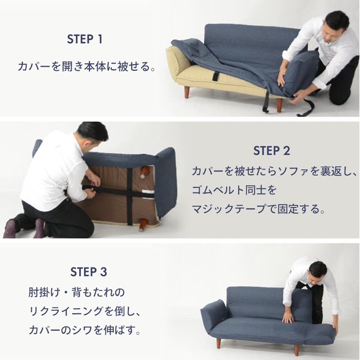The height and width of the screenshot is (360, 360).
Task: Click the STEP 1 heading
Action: (85, 39)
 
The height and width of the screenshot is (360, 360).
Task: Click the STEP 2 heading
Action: (272, 151)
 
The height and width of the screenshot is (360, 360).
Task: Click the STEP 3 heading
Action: (89, 272)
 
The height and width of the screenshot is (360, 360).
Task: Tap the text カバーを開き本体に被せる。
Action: (87, 67)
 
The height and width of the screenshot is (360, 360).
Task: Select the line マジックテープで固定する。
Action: (259, 209)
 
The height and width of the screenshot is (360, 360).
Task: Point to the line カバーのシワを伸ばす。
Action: (85, 330)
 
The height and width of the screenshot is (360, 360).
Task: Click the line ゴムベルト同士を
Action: (234, 190)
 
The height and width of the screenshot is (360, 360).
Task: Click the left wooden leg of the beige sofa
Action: (187, 92)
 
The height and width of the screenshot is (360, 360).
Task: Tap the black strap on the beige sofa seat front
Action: (216, 76)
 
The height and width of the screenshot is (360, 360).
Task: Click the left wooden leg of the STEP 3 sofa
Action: (218, 343)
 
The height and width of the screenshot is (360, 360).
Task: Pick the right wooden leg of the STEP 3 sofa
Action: (297, 349)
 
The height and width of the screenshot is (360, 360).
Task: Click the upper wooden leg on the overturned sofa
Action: (145, 172)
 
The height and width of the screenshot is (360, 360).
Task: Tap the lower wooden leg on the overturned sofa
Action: (143, 225)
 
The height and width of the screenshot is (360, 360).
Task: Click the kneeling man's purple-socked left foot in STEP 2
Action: (10, 228)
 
